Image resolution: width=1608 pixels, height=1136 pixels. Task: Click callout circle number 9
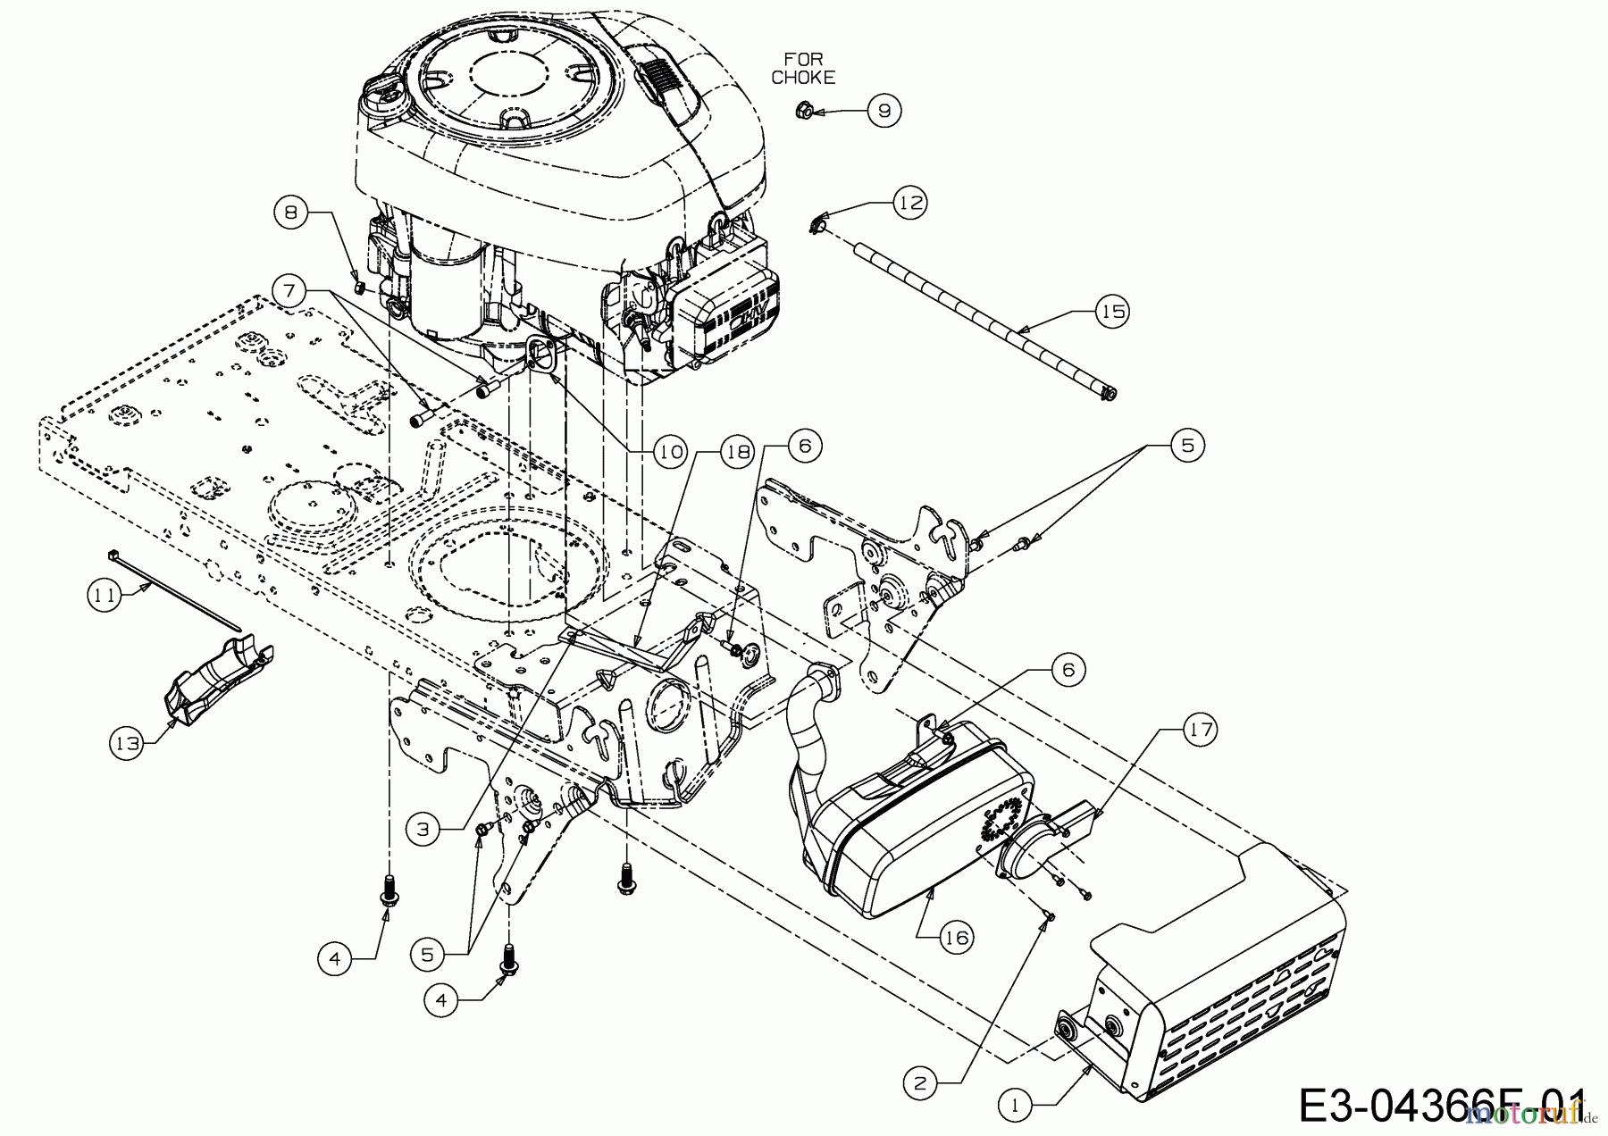pyautogui.click(x=884, y=111)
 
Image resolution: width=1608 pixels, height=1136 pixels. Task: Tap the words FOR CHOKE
pyautogui.click(x=803, y=69)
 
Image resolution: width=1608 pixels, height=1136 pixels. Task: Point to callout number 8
pyautogui.click(x=292, y=213)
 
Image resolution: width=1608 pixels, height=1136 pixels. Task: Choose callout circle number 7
pyautogui.click(x=292, y=290)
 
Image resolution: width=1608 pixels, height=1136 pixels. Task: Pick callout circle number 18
pyautogui.click(x=737, y=452)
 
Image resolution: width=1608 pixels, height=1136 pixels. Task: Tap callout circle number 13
pyautogui.click(x=128, y=743)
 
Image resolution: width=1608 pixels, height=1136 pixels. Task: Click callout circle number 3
pyautogui.click(x=423, y=829)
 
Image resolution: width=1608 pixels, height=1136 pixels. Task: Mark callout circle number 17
pyautogui.click(x=1201, y=730)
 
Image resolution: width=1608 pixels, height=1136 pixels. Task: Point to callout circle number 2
pyautogui.click(x=922, y=1082)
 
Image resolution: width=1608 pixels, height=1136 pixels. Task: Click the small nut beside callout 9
pyautogui.click(x=802, y=112)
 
